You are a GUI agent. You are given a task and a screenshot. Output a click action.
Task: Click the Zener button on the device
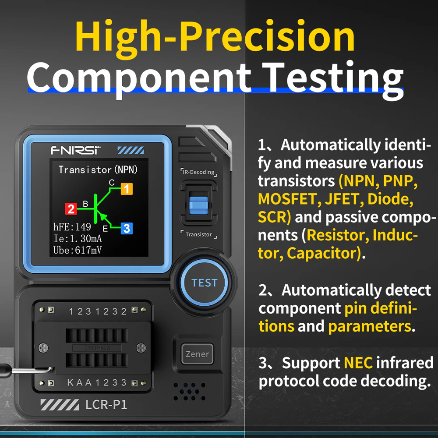coord(197,354)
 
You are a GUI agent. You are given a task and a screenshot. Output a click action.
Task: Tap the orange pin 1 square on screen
coord(126,189)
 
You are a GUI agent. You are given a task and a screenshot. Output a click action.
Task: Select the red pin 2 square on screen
coord(71,209)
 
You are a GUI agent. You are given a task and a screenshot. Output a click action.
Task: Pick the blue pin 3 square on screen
coord(126,228)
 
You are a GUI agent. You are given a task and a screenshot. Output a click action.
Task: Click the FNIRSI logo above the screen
coord(76,150)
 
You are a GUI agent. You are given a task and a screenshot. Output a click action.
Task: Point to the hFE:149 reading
coord(72,227)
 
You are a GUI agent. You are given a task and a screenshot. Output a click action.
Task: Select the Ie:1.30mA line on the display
coord(78,239)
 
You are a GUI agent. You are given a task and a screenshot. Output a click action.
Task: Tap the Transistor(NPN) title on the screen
coord(98,170)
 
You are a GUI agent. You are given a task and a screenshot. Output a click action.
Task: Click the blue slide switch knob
coord(198,204)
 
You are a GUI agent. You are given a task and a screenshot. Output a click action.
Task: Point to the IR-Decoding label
coord(198,172)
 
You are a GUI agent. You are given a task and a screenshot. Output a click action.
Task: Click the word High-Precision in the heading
coord(215,37)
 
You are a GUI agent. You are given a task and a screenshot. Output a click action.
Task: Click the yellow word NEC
coord(358,363)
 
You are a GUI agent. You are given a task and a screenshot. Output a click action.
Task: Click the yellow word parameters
coord(369,326)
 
